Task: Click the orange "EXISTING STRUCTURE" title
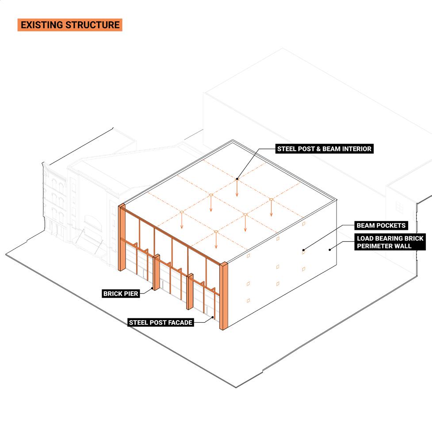coord(70,25)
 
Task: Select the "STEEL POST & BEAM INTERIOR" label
coord(324,149)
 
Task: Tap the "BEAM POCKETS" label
coord(381,226)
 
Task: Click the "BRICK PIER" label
coord(121,293)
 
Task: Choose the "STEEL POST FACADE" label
coord(161,322)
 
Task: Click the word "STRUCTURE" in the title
coord(92,25)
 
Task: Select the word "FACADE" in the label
coord(179,322)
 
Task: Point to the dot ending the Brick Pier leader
coord(153,289)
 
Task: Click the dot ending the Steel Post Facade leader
coord(213,317)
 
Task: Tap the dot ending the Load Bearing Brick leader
coord(330,249)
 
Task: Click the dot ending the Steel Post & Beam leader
coord(237,179)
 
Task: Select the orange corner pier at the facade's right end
coord(223,296)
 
